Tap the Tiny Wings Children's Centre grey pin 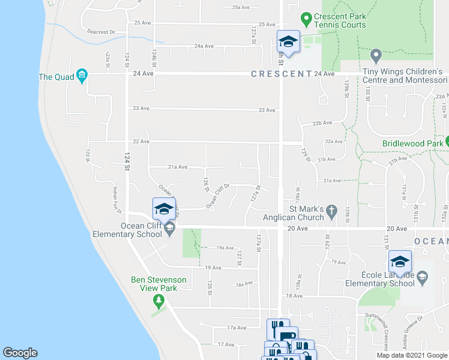pos(376,56)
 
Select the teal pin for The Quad pos(82,76)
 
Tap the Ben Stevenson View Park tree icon pos(158,299)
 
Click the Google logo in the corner pos(20,353)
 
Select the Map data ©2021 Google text pos(411,355)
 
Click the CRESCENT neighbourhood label pos(281,74)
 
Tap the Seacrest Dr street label pos(101,31)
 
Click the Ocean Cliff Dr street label pos(218,196)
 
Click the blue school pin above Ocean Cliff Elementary pos(164,209)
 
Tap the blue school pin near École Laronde pos(400,262)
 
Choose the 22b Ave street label pos(322,122)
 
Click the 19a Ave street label pos(224,247)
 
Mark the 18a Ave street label pos(244,284)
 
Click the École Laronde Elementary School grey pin pos(422,276)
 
